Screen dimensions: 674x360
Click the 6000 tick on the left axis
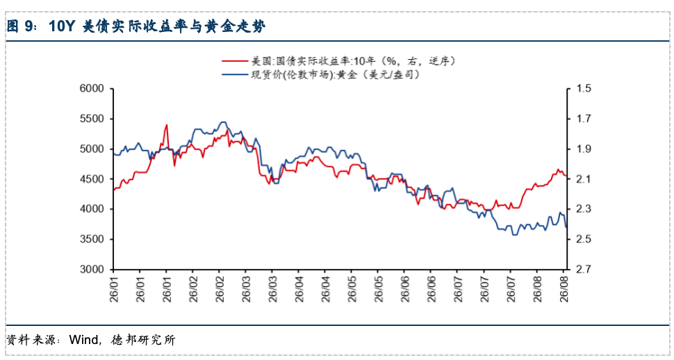coord(92,88)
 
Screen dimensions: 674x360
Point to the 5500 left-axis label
coord(92,119)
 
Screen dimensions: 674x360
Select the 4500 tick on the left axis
coord(92,179)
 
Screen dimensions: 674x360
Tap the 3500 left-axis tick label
coord(92,239)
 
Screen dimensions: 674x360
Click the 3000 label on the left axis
coord(92,269)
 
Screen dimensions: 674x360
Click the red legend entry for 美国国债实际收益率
coord(338,61)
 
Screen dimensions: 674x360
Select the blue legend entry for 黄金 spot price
coord(321,74)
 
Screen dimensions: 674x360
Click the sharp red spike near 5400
coord(166,125)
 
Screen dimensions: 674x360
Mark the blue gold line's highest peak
coord(222,122)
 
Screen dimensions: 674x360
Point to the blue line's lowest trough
coord(513,235)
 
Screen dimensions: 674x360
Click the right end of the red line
coord(566,176)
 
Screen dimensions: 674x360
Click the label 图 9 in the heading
coord(19,26)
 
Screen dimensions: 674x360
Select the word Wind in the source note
coord(84,340)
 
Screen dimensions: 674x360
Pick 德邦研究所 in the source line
coord(143,340)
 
